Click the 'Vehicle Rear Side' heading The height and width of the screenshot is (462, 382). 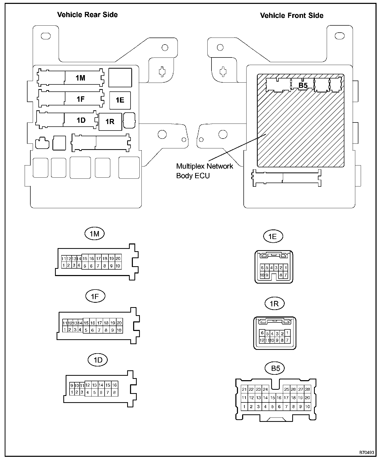87,15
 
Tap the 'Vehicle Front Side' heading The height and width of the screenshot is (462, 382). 291,16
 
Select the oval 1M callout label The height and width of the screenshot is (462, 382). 94,234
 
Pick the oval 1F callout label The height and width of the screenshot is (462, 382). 95,296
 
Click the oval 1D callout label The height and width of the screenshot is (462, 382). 98,360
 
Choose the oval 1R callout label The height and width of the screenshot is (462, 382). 274,304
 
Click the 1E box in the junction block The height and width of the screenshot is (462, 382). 120,100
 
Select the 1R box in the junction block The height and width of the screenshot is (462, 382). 110,121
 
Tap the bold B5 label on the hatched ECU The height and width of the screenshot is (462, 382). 303,85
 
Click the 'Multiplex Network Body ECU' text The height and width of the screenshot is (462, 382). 204,171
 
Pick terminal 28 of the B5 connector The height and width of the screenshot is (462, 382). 308,389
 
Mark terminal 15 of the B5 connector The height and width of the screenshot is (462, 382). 272,398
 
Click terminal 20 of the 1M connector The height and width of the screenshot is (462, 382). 118,258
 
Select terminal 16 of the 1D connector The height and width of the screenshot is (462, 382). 114,385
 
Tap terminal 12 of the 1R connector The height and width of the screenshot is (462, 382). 262,340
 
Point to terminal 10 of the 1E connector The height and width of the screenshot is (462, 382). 262,275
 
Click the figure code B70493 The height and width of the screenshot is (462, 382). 366,453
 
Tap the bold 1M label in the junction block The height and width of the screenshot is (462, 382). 80,78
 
